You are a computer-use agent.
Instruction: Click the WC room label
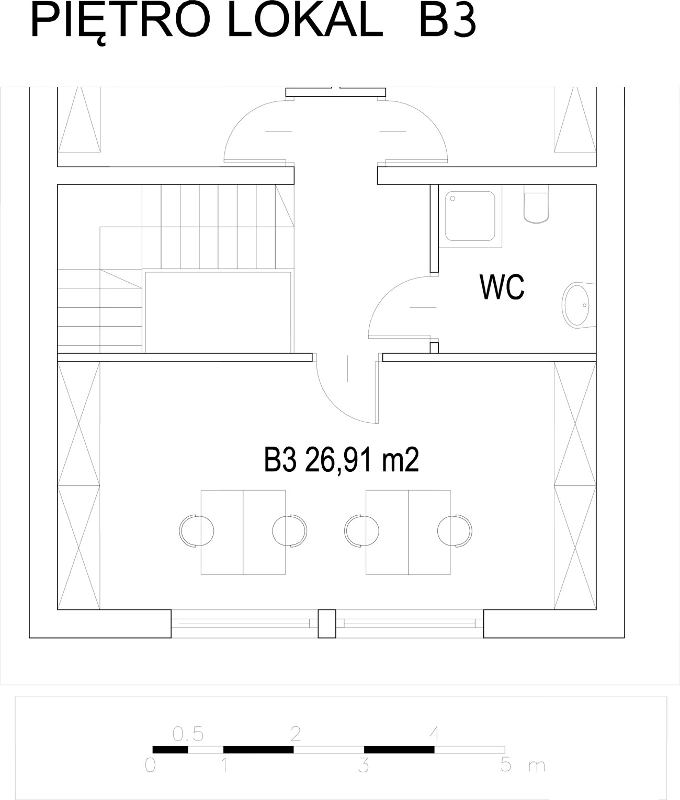502,287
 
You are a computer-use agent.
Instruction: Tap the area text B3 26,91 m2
342,460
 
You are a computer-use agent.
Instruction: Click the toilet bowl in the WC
536,204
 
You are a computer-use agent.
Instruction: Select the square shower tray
470,216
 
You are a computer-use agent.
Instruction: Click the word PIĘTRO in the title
120,22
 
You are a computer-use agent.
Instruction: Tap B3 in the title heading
448,22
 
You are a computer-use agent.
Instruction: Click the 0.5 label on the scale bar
188,734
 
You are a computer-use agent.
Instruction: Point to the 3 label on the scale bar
364,765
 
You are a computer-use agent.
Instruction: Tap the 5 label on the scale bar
506,764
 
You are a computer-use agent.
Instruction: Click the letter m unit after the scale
537,767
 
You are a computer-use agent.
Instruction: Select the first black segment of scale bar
170,750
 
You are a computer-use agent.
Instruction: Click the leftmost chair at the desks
197,530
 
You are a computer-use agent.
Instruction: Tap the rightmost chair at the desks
455,530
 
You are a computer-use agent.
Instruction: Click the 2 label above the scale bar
296,734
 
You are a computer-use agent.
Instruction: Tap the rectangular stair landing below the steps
218,312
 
